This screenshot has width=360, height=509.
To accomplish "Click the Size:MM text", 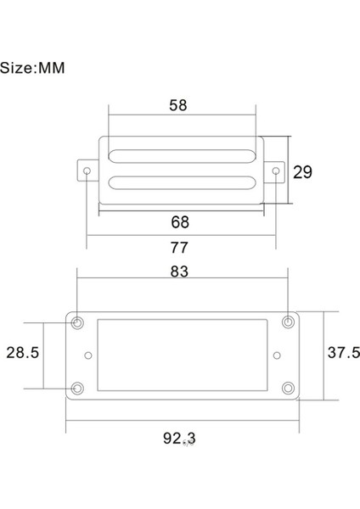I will [33, 68].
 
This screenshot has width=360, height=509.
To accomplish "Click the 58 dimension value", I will [178, 105].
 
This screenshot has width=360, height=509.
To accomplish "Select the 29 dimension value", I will [302, 171].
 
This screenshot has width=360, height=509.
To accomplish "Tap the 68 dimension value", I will [180, 222].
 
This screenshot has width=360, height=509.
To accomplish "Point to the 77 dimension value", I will [180, 248].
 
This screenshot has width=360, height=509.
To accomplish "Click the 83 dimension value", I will [180, 271].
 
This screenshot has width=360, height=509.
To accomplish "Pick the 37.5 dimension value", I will [343, 353].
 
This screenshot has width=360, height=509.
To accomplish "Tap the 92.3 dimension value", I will [179, 439].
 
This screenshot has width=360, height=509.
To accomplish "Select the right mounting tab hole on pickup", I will [276, 171].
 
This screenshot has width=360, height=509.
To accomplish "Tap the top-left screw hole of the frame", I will [78, 322].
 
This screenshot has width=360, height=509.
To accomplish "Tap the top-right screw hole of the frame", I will [288, 322].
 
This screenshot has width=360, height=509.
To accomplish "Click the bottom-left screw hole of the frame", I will [78, 389].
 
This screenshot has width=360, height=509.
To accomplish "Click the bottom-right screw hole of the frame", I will [288, 389].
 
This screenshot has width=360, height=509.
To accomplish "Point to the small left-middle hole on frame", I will [88, 355].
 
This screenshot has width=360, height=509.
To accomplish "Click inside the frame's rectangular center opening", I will [183, 355].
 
